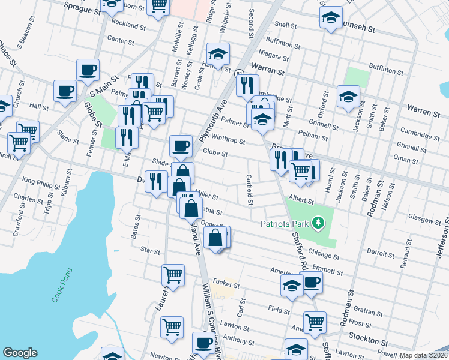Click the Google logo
tap(20, 353)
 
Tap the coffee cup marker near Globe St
tap(181, 145)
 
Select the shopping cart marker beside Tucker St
tap(173, 274)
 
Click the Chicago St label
tap(325, 256)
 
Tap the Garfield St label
tap(249, 189)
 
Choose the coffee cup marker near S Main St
tap(88, 69)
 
